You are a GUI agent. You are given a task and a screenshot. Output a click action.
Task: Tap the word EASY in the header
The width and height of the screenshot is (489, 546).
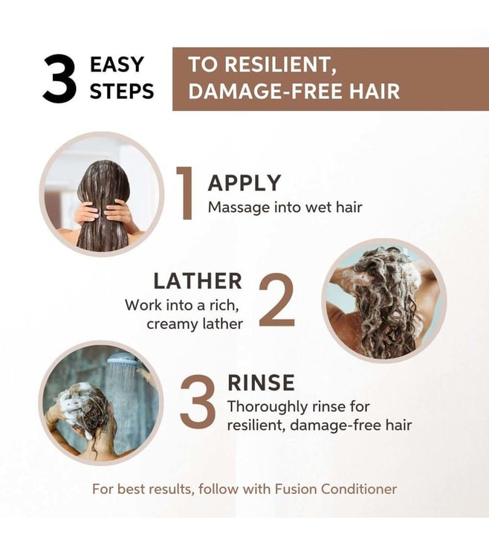click(x=117, y=65)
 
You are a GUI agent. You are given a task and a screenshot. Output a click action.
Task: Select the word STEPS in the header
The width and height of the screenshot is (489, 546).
click(x=122, y=91)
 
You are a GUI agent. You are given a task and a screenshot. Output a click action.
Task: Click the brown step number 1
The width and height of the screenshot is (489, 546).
click(x=185, y=193)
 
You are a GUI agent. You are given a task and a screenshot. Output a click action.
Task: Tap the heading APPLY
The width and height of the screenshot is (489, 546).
click(x=244, y=183)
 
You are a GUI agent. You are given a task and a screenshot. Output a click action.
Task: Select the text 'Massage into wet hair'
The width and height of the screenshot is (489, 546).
click(x=285, y=208)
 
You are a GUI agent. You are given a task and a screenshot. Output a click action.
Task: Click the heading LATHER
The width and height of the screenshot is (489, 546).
click(x=198, y=281)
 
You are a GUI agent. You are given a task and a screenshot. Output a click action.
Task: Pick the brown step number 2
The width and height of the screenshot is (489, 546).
click(x=277, y=300)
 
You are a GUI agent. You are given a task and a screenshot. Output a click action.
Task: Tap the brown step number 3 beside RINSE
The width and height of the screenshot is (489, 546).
click(x=197, y=402)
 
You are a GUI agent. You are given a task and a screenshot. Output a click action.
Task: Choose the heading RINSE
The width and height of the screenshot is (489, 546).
click(x=261, y=382)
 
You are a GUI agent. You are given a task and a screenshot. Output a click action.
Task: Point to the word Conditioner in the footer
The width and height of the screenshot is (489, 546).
click(x=359, y=489)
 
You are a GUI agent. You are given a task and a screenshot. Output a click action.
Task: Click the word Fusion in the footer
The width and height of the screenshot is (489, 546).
click(x=296, y=489)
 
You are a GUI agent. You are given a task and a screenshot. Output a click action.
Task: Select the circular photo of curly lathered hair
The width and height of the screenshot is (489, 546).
click(x=384, y=301)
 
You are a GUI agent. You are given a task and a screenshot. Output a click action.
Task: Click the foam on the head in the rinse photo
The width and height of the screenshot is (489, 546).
click(x=75, y=400)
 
